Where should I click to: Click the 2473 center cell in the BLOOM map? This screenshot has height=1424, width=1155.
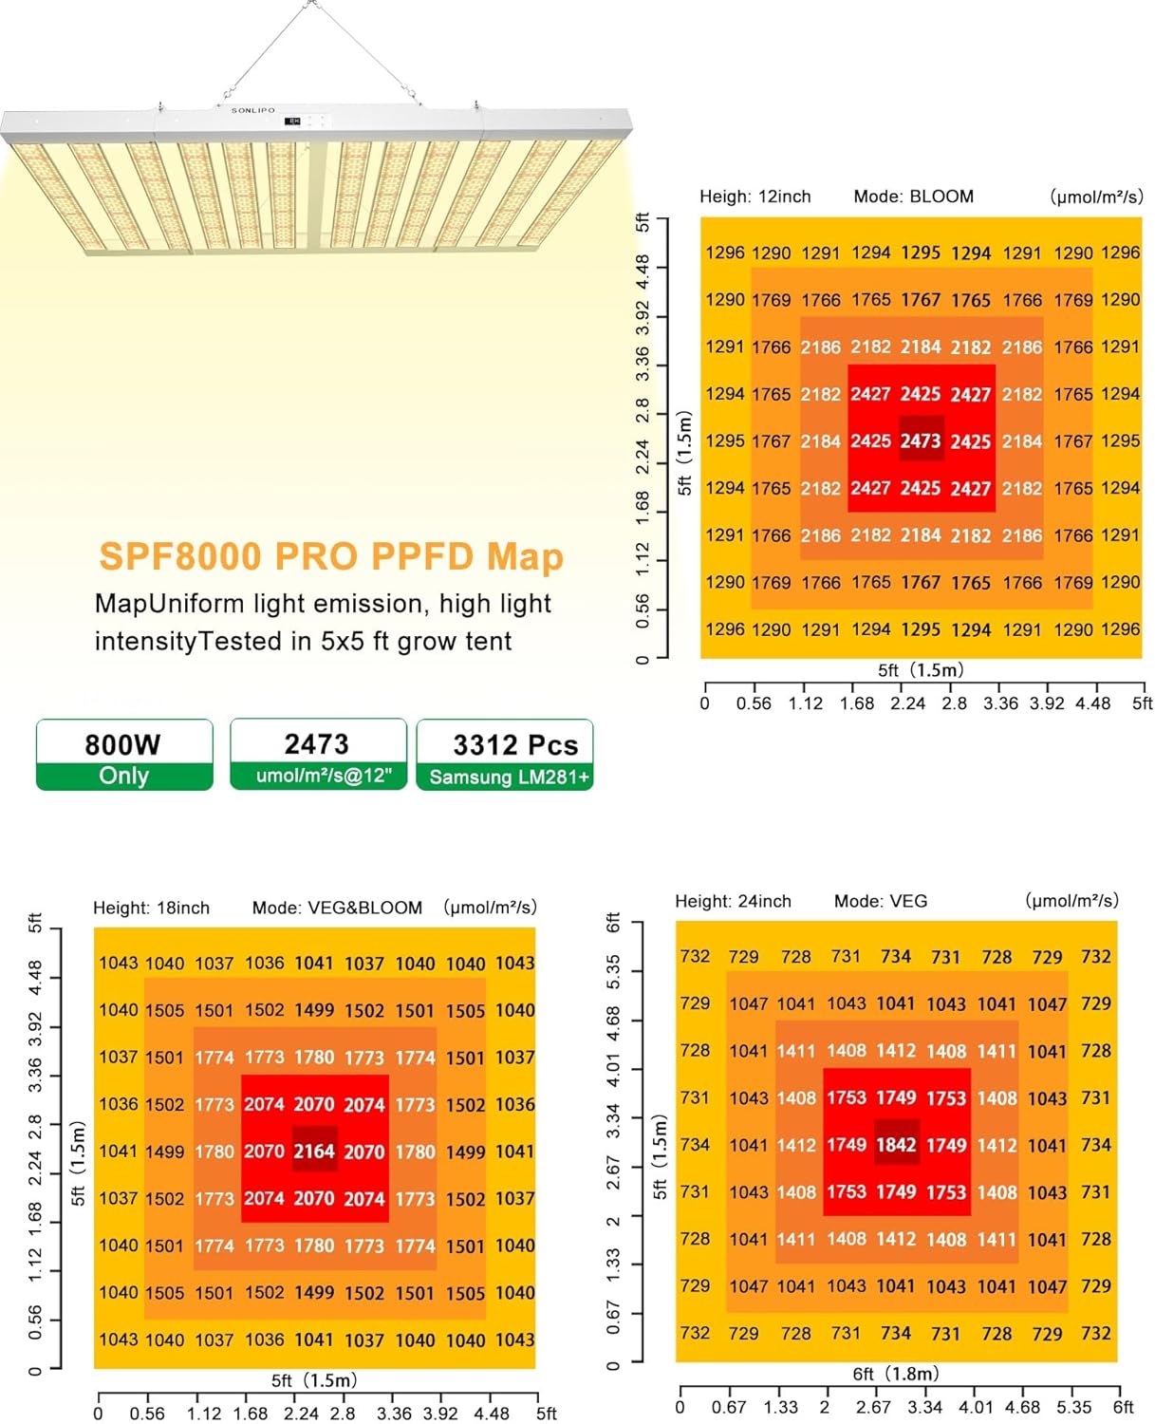click(921, 440)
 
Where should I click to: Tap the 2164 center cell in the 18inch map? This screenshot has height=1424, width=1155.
click(314, 1152)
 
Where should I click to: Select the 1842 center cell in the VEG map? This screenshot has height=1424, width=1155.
click(896, 1145)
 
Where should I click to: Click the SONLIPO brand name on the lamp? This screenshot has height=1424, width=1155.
click(253, 111)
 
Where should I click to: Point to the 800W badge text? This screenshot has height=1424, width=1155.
click(123, 744)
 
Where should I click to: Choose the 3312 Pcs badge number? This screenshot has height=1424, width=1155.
click(515, 745)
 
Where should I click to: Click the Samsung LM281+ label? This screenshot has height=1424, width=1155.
click(510, 777)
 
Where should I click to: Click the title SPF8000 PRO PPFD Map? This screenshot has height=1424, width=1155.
click(331, 556)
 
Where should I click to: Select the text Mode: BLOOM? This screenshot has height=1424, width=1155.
click(913, 197)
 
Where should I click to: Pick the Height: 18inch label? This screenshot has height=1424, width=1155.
click(151, 908)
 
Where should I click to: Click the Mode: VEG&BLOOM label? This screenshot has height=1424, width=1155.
click(337, 908)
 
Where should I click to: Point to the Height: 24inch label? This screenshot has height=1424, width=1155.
click(733, 901)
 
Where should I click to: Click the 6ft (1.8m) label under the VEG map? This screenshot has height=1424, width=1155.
click(896, 1374)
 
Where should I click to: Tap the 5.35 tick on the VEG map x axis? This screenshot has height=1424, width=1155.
click(1073, 1407)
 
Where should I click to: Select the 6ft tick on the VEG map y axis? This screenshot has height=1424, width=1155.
click(613, 922)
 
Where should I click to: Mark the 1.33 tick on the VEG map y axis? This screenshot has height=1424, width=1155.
click(613, 1262)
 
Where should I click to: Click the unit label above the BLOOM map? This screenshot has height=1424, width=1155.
click(1096, 197)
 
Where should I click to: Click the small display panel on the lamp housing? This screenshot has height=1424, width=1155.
click(293, 122)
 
